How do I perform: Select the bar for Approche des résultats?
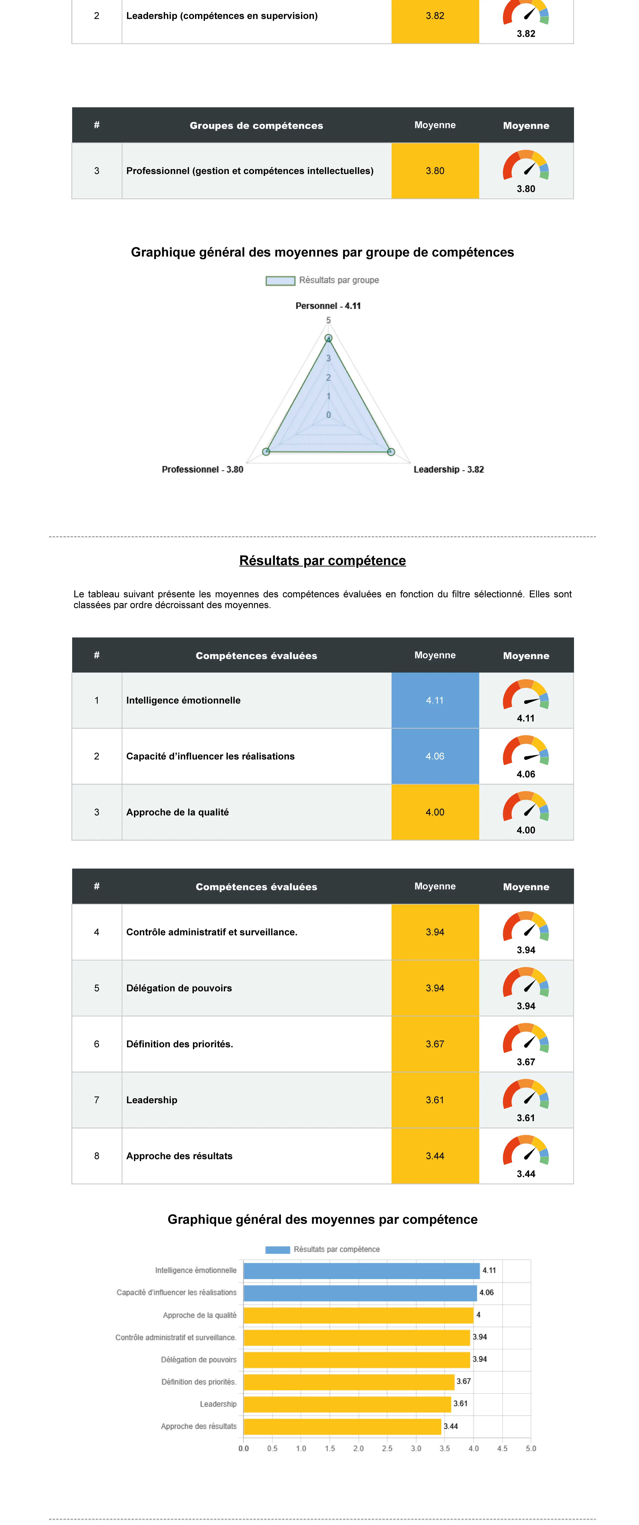342,1426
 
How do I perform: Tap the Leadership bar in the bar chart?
347,1404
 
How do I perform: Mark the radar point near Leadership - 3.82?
391,452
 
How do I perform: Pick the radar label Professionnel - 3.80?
203,470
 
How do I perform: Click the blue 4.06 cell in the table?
435,756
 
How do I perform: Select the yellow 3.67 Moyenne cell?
435,1044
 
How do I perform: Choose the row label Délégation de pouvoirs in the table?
179,988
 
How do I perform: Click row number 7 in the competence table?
97,1100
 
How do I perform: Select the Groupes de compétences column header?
256,126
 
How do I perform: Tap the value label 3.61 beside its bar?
460,1404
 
